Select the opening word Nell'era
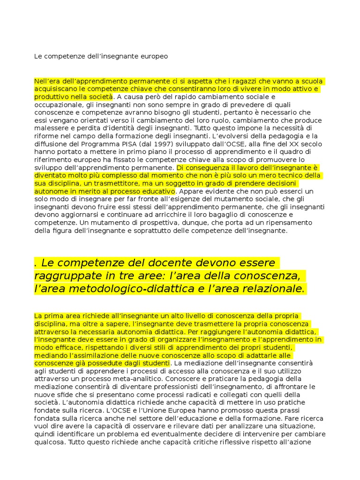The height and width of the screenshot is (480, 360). [47, 81]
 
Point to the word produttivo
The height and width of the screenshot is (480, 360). [51, 97]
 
